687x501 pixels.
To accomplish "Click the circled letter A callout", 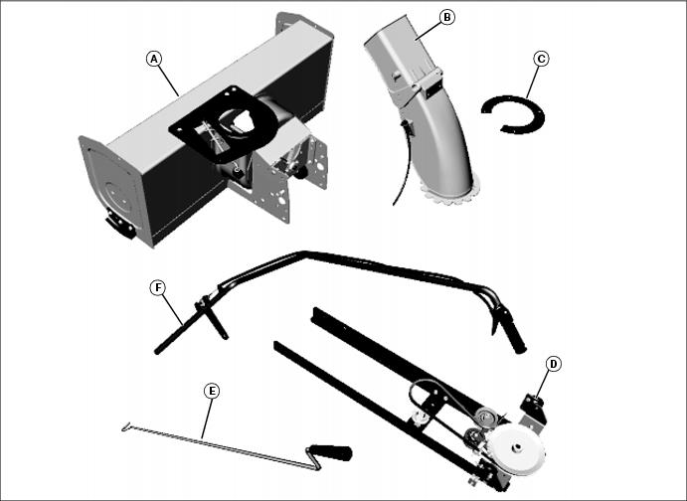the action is pos(154,59).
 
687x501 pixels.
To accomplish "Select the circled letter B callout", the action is pos(447,17).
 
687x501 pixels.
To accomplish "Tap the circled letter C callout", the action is pos(541,59).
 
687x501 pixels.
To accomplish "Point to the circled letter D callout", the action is pos(554,364).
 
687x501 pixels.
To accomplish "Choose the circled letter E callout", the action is pos(212,391).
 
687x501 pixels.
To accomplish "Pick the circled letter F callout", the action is pos(158,287).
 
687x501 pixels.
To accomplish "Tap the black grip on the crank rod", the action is pos(330,452).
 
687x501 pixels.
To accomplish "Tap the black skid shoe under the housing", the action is pos(120,225).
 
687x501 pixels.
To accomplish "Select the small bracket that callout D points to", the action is pos(534,409).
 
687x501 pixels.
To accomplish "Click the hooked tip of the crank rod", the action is pos(126,426).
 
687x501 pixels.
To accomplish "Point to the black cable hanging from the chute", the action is pos(406,162).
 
